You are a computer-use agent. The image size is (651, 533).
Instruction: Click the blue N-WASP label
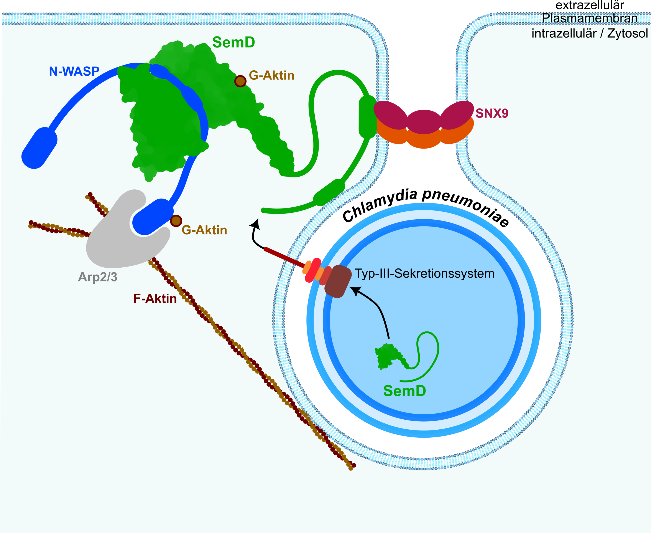pos(74,71)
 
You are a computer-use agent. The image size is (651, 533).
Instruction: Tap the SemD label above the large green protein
pos(233,42)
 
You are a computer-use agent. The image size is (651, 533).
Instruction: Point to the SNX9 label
pos(492,113)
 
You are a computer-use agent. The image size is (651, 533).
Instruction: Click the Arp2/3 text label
pos(98,277)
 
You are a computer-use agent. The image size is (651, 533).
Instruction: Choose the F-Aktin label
pos(155,299)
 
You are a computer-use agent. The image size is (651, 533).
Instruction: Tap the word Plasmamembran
pos(589,18)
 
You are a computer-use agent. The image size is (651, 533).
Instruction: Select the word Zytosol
pos(627,33)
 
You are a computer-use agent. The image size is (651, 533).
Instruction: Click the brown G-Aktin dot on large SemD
pos(240,81)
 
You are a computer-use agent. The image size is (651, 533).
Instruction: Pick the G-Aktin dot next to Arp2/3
pos(176,220)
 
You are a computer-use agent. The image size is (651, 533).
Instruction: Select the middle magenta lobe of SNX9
pos(424,122)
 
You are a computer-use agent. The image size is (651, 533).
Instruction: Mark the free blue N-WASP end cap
pos(39,148)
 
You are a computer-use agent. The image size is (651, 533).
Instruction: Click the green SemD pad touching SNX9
pos(367,117)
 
